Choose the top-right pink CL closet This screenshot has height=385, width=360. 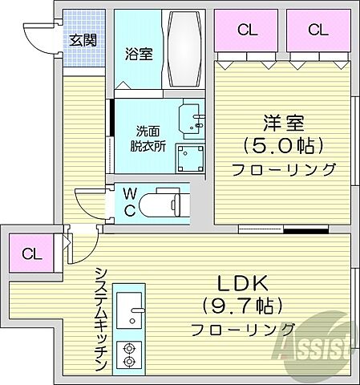tap(318, 30)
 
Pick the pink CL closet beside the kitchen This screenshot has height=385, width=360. tap(30, 255)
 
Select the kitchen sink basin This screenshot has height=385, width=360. tap(128, 308)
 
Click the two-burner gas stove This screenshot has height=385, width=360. tap(128, 354)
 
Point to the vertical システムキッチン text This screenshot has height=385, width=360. tap(100, 318)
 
